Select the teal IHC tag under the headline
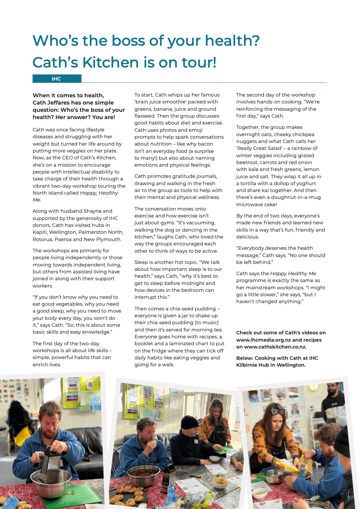57,79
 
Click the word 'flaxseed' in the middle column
144,116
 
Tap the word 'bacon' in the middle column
205,144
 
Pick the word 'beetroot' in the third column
246,162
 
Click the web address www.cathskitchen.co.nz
275,347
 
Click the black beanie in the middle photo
189,422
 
